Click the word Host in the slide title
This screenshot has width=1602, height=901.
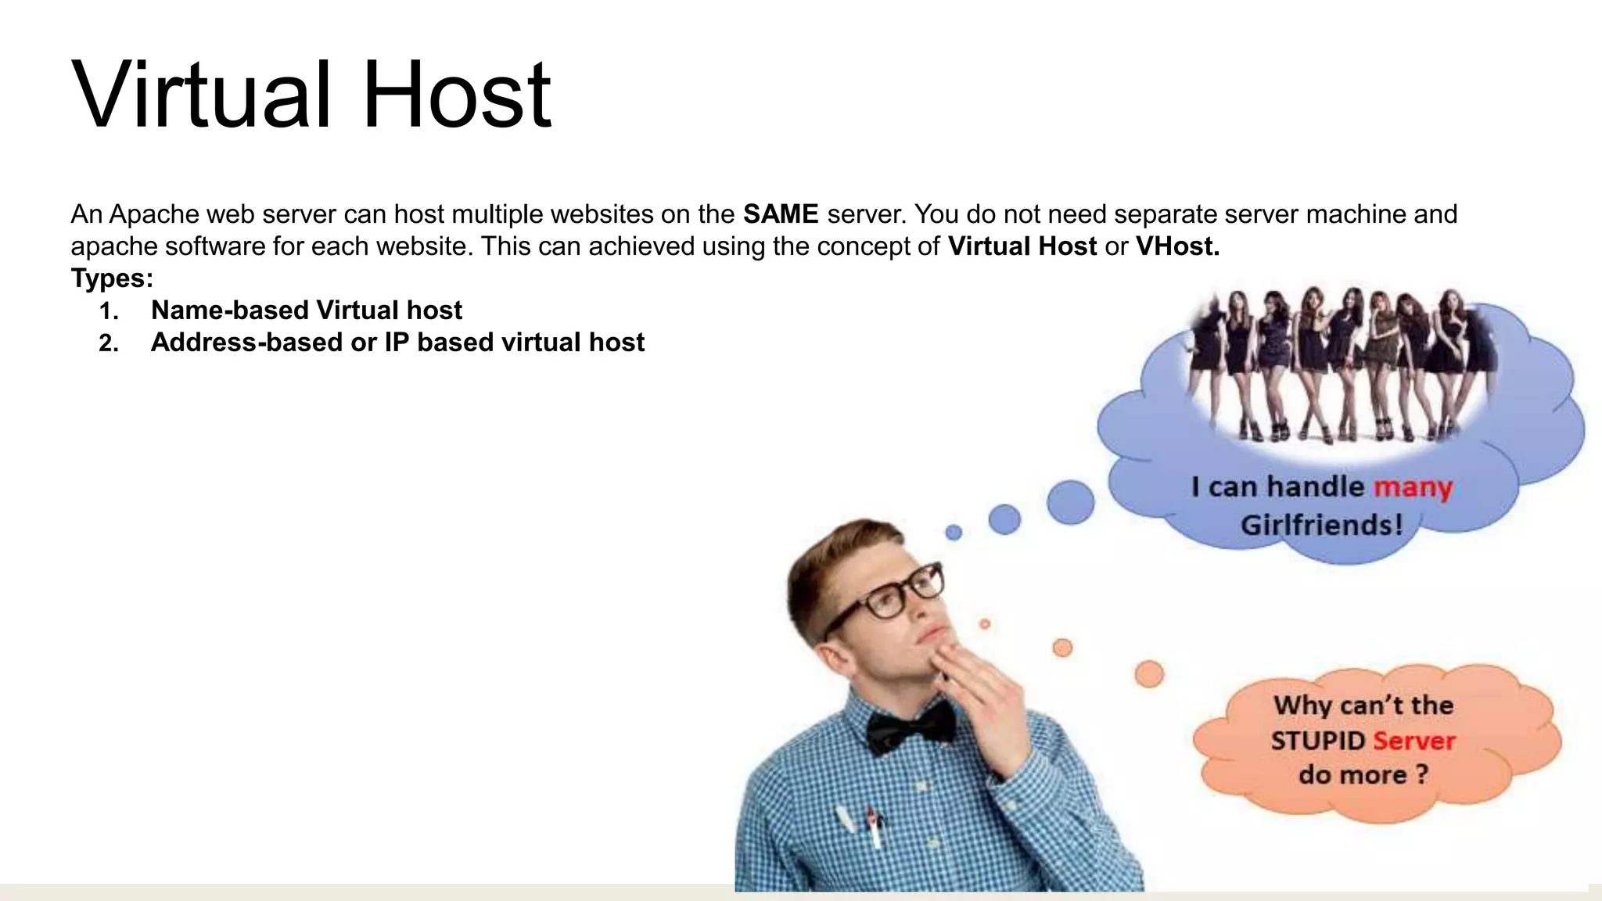point(457,95)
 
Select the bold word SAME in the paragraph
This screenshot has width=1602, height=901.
point(780,214)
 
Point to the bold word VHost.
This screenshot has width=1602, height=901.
point(1177,246)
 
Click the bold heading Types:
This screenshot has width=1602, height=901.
point(112,278)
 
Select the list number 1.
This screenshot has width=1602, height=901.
point(109,311)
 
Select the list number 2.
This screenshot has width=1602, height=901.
point(109,343)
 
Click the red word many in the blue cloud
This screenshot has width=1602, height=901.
point(1413,487)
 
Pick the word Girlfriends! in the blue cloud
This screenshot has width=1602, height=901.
point(1321,525)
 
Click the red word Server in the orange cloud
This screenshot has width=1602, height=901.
point(1413,741)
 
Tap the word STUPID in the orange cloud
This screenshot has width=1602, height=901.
point(1317,741)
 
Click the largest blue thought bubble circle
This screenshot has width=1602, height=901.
point(1070,501)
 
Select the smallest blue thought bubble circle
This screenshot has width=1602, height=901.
point(954,533)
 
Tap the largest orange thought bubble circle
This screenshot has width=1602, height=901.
point(1149,673)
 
